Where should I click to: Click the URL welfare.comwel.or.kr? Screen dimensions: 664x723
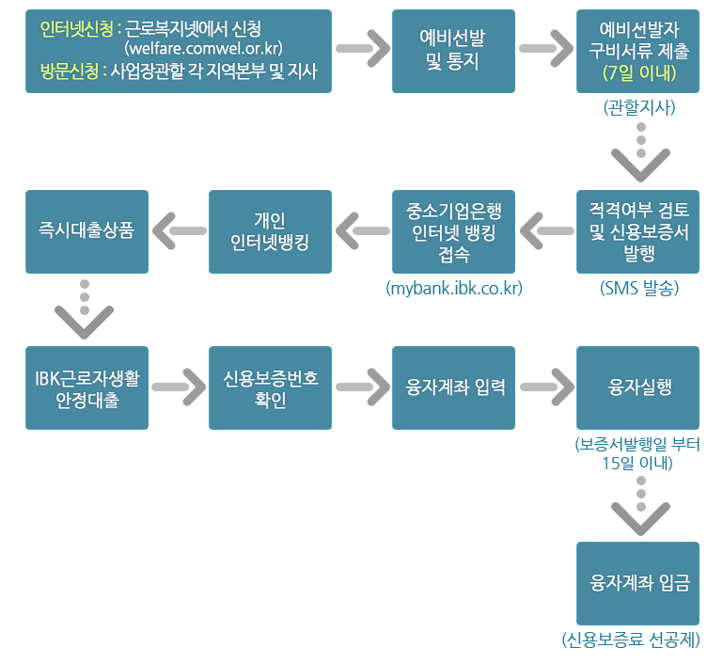point(203,48)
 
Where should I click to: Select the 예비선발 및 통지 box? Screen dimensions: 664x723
point(453,51)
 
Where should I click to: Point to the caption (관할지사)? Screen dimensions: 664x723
point(639,107)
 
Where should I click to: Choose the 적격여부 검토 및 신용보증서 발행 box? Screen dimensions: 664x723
point(638,231)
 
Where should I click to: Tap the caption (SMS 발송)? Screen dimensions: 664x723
point(639,288)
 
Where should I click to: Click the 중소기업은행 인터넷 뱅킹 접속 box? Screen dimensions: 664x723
point(453,231)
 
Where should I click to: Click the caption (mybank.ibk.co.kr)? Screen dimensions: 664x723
point(454,288)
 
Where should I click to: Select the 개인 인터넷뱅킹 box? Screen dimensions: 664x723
point(270,231)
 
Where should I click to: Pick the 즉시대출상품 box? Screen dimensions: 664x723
point(86,231)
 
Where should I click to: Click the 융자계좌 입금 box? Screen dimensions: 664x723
point(638,583)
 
